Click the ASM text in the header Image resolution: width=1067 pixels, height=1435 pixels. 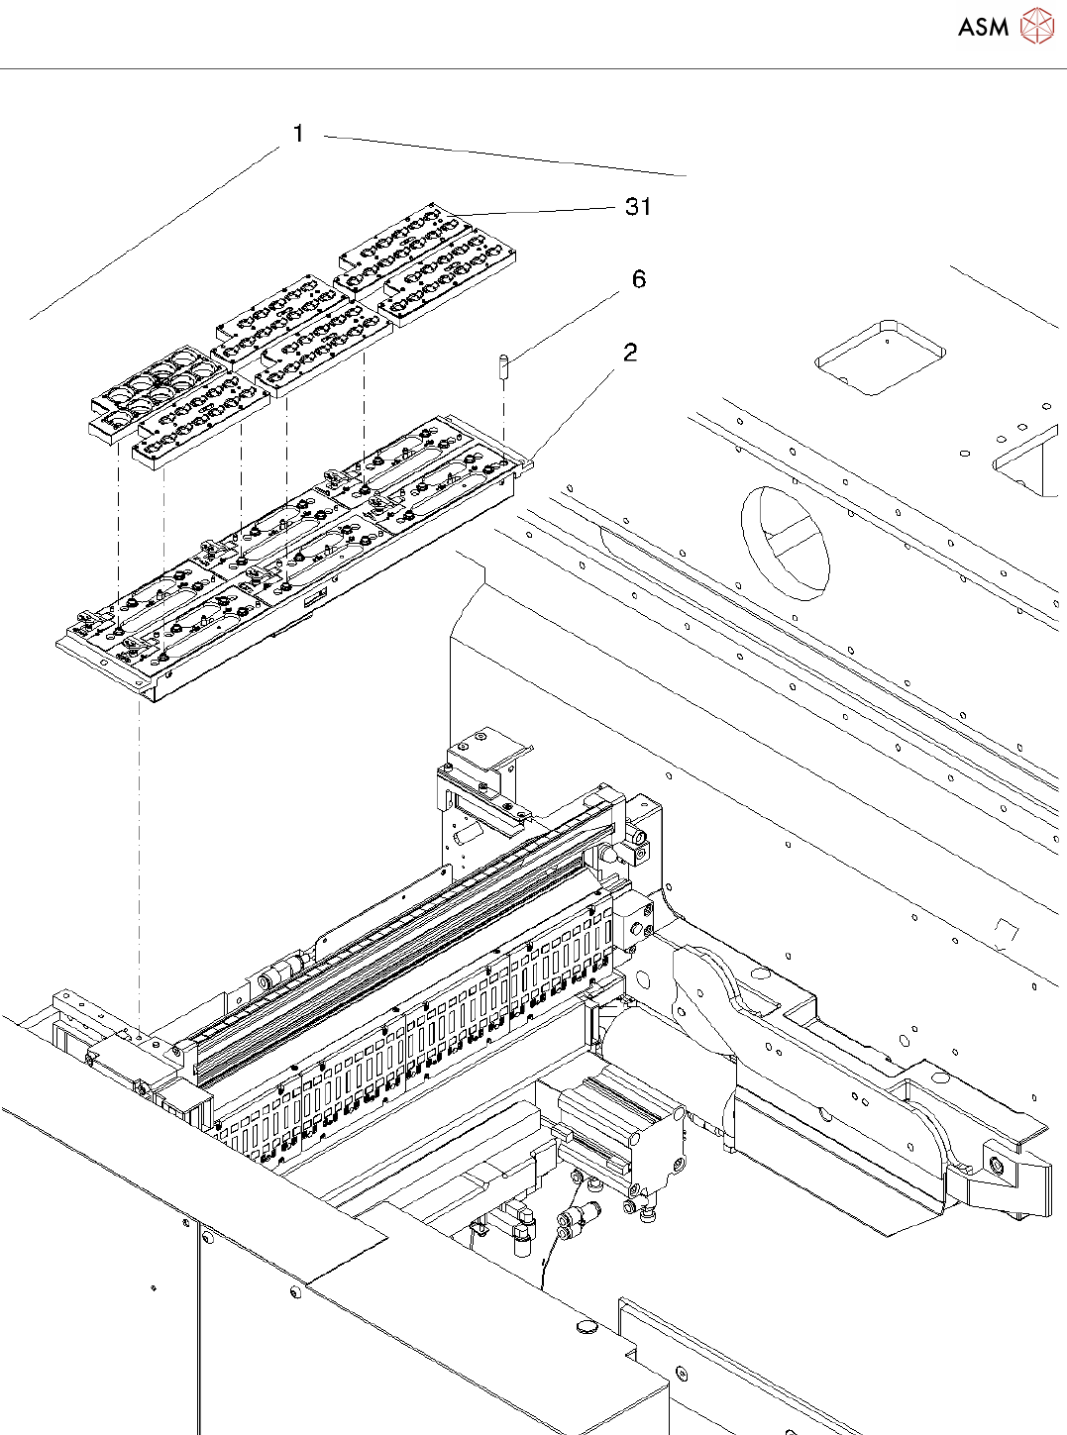coord(982,28)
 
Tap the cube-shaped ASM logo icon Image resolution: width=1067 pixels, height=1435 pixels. coord(1037,26)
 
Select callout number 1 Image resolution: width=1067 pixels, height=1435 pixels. coord(299,134)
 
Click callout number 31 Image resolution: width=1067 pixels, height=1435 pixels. coord(638,206)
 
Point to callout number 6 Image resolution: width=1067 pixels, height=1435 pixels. coord(639,279)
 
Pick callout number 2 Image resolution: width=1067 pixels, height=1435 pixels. coord(630,353)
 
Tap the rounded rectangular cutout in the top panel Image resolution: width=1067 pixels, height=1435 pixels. coord(880,357)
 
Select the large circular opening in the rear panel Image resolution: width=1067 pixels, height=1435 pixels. coord(785,542)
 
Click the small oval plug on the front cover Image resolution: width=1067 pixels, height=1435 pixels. coord(587,1325)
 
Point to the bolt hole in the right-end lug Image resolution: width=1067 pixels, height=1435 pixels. coord(996,1166)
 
